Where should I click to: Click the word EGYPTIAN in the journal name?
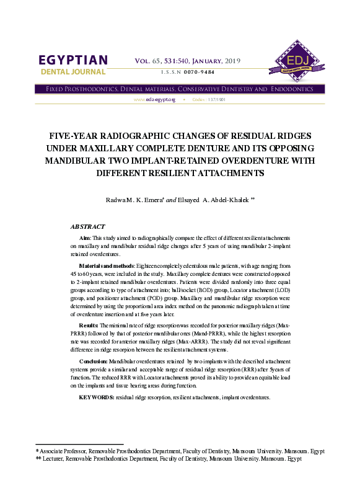[x=73, y=60]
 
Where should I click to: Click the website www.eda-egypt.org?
[x=155, y=100]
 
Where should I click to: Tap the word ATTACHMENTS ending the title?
[x=230, y=174]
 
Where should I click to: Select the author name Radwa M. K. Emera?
[x=134, y=200]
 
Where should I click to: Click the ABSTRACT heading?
[x=87, y=227]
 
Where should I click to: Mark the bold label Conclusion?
[x=97, y=361]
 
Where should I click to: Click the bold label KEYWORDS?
[x=96, y=396]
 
